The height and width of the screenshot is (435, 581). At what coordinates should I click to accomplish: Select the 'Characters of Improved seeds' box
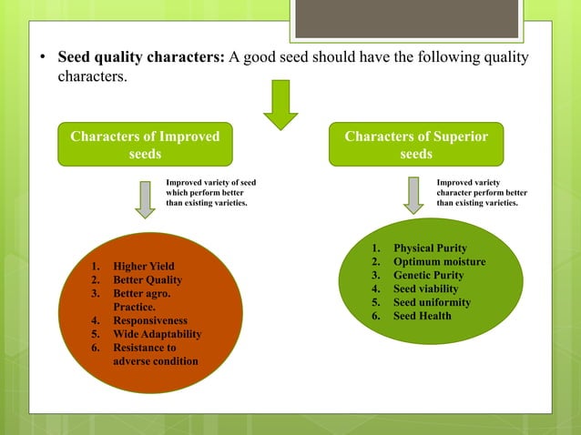pos(145,146)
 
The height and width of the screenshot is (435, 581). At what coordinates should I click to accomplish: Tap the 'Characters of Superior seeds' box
pos(416,146)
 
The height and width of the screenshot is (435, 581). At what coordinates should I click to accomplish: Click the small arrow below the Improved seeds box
pos(144,199)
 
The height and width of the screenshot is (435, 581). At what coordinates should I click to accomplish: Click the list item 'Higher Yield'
pos(143,267)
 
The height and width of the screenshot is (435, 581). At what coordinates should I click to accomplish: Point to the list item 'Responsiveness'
pos(149,321)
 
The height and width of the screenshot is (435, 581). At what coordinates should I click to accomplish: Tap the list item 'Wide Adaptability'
pos(157,334)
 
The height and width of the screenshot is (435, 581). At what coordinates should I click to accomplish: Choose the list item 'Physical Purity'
pos(430,248)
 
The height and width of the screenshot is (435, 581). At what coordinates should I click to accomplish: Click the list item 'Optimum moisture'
pos(439,262)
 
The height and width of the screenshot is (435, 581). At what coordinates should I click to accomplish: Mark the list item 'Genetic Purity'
pos(428,276)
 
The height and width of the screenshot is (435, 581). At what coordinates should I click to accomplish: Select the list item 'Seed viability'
pos(426,289)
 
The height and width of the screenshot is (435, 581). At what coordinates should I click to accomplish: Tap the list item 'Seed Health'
pos(422,316)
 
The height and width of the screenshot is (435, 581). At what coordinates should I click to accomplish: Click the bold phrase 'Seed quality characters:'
pos(141,58)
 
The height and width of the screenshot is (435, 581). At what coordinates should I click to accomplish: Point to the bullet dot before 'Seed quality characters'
pos(42,59)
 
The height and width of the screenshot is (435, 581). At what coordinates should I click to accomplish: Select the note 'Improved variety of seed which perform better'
pos(210,193)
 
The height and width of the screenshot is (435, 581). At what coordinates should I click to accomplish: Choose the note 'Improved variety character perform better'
pos(482,193)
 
